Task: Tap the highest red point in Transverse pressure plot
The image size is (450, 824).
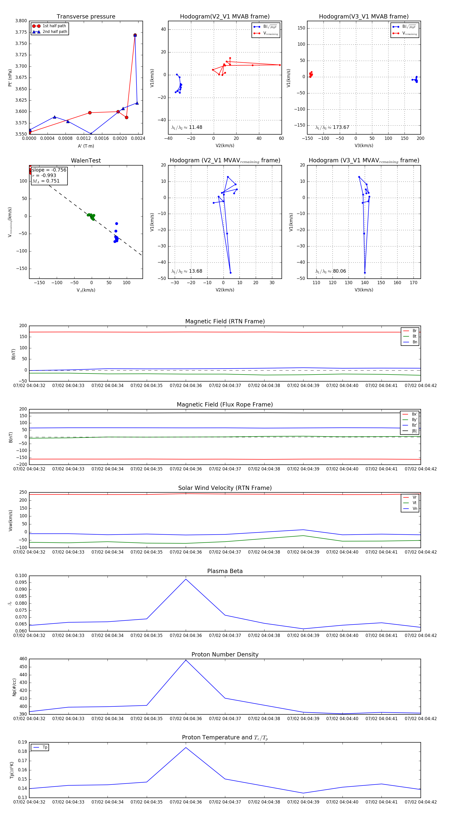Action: (135, 35)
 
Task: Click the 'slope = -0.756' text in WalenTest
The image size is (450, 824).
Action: (49, 170)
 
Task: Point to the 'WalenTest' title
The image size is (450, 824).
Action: (86, 161)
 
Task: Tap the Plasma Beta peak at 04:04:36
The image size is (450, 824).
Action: (186, 579)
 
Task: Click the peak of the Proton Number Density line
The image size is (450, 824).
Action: (186, 660)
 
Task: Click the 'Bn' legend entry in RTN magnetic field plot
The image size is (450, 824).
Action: (414, 342)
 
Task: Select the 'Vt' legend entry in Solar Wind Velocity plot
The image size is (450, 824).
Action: (414, 503)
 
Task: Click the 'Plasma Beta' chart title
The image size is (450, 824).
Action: (225, 571)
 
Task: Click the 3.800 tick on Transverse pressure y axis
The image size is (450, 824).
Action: (21, 21)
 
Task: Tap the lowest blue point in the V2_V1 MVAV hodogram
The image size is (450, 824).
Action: (230, 273)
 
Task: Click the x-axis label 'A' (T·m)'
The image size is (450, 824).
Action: (86, 146)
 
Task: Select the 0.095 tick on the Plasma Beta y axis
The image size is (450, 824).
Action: (21, 583)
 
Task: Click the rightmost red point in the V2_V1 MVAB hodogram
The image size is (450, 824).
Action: (279, 65)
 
